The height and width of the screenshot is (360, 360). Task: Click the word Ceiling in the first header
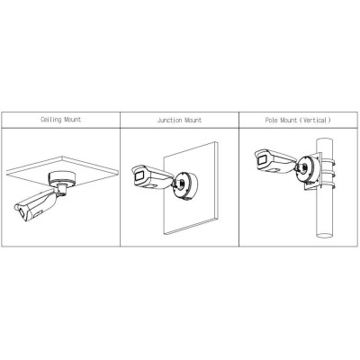click(x=51, y=120)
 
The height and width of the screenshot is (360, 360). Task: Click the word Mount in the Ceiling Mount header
click(x=72, y=120)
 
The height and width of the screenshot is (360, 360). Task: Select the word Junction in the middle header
click(x=169, y=121)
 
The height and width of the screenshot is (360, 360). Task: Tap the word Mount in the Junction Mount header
click(x=193, y=120)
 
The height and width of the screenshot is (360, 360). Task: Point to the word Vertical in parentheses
click(x=317, y=121)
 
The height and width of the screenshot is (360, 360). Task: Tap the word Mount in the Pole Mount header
click(x=288, y=121)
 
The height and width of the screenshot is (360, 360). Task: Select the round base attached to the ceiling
click(x=61, y=179)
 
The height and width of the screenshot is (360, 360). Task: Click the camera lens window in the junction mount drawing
click(x=139, y=175)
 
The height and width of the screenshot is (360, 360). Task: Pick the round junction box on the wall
click(x=185, y=184)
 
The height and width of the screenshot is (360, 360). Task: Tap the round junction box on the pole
click(x=308, y=170)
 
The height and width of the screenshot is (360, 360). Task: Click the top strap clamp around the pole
click(x=328, y=163)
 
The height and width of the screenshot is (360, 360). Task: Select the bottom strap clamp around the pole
click(x=328, y=183)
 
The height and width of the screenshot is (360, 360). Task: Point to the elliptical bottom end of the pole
click(x=325, y=235)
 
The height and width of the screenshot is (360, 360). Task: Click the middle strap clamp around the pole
click(x=328, y=173)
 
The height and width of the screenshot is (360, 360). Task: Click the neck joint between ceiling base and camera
click(x=61, y=190)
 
